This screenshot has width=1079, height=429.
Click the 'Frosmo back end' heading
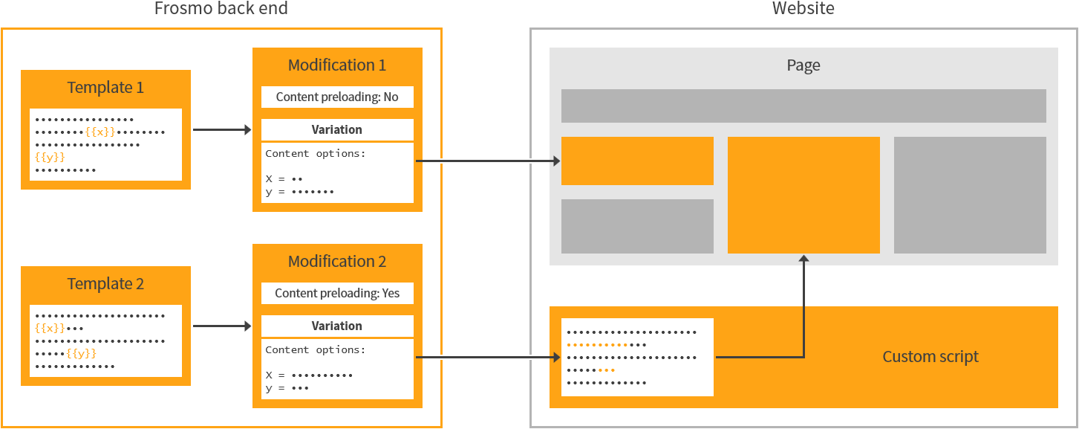point(221,9)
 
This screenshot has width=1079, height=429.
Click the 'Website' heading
point(803,9)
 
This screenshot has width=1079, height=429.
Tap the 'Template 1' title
point(105,88)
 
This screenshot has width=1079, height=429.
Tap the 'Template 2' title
point(105,284)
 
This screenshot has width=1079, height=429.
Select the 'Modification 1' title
point(337,65)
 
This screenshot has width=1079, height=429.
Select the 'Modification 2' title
point(337,262)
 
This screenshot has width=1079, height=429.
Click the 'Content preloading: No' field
point(337,97)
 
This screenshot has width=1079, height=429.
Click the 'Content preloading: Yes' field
point(337,293)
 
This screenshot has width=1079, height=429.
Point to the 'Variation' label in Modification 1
point(337,129)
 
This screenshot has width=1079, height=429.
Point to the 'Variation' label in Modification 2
point(337,326)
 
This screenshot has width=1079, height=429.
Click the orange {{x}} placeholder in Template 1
point(100,132)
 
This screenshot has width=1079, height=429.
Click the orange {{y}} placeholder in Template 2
point(81,353)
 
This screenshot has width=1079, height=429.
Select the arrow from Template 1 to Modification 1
point(221,130)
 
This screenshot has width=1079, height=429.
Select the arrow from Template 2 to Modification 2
point(221,326)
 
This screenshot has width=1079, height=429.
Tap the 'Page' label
point(803,65)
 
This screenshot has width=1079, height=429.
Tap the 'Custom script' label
point(930,357)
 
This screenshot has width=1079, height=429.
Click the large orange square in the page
point(803,195)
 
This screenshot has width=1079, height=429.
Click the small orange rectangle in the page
point(637,161)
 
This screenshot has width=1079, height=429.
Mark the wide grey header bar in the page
point(803,106)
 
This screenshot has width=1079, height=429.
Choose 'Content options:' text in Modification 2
point(315,349)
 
